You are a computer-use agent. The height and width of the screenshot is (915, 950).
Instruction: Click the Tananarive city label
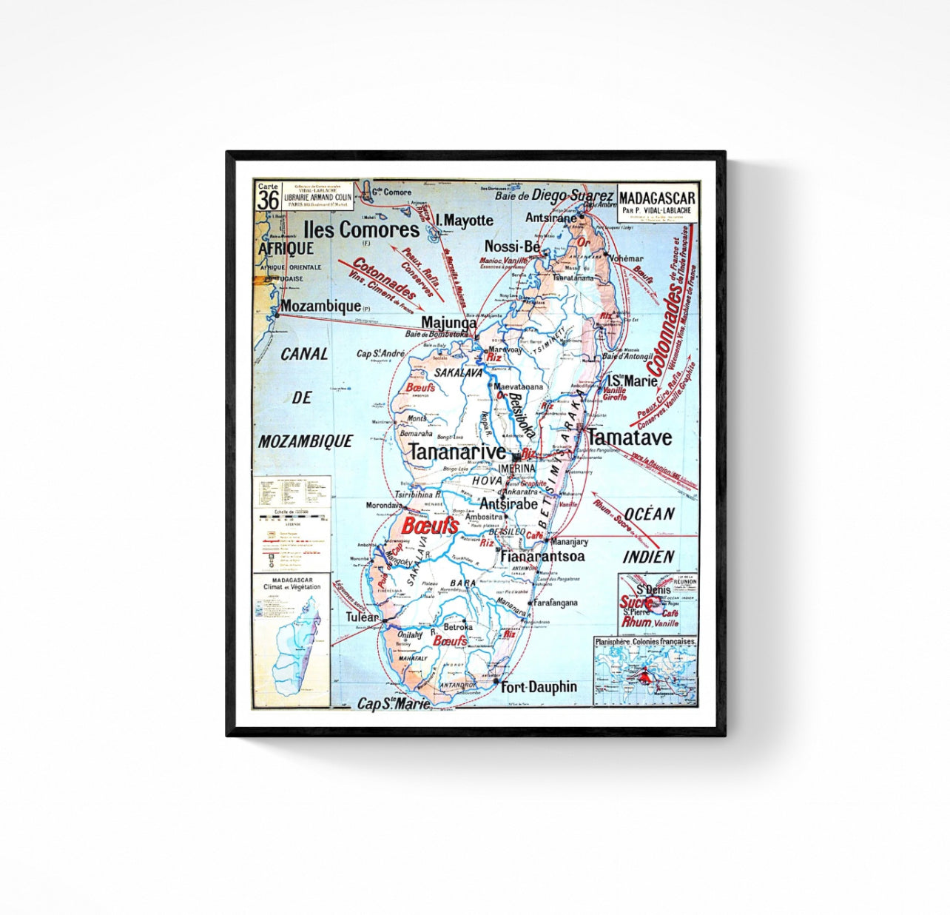pyautogui.click(x=457, y=452)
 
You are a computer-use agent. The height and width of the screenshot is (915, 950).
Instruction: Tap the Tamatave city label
pyautogui.click(x=629, y=437)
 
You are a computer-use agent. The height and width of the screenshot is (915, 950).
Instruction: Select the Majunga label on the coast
pyautogui.click(x=448, y=323)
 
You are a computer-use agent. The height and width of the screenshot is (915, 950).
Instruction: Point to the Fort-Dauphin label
pyautogui.click(x=539, y=687)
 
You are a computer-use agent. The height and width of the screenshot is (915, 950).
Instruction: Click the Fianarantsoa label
pyautogui.click(x=543, y=556)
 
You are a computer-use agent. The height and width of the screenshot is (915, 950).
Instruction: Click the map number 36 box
pyautogui.click(x=268, y=198)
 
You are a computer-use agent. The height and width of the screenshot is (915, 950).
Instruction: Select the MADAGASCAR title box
pyautogui.click(x=657, y=201)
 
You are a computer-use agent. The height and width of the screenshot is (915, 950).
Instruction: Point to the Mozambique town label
pyautogui.click(x=320, y=306)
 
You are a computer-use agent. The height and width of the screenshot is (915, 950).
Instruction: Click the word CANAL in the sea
pyautogui.click(x=304, y=354)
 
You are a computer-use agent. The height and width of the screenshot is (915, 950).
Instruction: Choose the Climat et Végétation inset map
pyautogui.click(x=292, y=641)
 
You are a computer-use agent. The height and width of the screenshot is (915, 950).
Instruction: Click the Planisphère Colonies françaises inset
pyautogui.click(x=645, y=671)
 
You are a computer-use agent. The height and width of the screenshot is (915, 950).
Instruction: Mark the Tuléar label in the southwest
pyautogui.click(x=363, y=617)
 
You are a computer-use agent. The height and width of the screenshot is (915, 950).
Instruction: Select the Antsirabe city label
pyautogui.click(x=509, y=503)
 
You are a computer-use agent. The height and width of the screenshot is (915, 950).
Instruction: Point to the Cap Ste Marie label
pyautogui.click(x=394, y=703)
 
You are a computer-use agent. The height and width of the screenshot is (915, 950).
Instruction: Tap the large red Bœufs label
pyautogui.click(x=429, y=526)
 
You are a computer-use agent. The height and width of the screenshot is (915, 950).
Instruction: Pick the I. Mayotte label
pyautogui.click(x=465, y=220)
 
